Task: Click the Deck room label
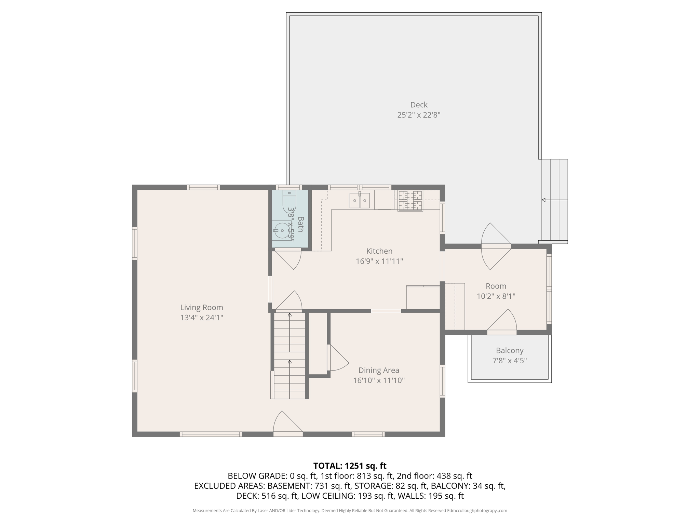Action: point(419,105)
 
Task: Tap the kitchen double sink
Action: point(360,200)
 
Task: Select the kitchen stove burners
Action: point(410,201)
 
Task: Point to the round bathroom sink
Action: point(282,231)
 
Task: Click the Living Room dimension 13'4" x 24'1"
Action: point(202,318)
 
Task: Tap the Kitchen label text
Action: point(379,251)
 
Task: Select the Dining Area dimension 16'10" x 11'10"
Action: point(379,380)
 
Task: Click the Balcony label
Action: point(509,350)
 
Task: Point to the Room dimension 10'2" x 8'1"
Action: point(496,296)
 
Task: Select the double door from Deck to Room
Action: point(496,246)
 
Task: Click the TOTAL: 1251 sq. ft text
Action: point(350,466)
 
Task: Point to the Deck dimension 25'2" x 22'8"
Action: point(419,115)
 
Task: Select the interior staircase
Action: point(290,355)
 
